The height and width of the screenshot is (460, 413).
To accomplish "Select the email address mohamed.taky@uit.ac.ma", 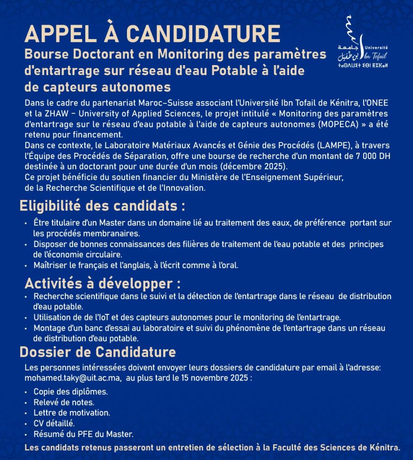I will (x=73, y=378).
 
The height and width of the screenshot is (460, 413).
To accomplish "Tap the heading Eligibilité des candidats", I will (x=102, y=206).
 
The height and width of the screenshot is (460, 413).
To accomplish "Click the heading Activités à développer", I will (x=103, y=283).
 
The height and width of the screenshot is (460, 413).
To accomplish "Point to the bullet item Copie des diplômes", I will (x=70, y=392).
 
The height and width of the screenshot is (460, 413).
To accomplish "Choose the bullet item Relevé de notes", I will (x=64, y=402).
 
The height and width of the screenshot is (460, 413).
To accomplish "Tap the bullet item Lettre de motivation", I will (x=72, y=412).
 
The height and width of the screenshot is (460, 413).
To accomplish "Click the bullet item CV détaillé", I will (x=54, y=423).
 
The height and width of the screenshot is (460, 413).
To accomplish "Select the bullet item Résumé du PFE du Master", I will (x=83, y=434).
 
